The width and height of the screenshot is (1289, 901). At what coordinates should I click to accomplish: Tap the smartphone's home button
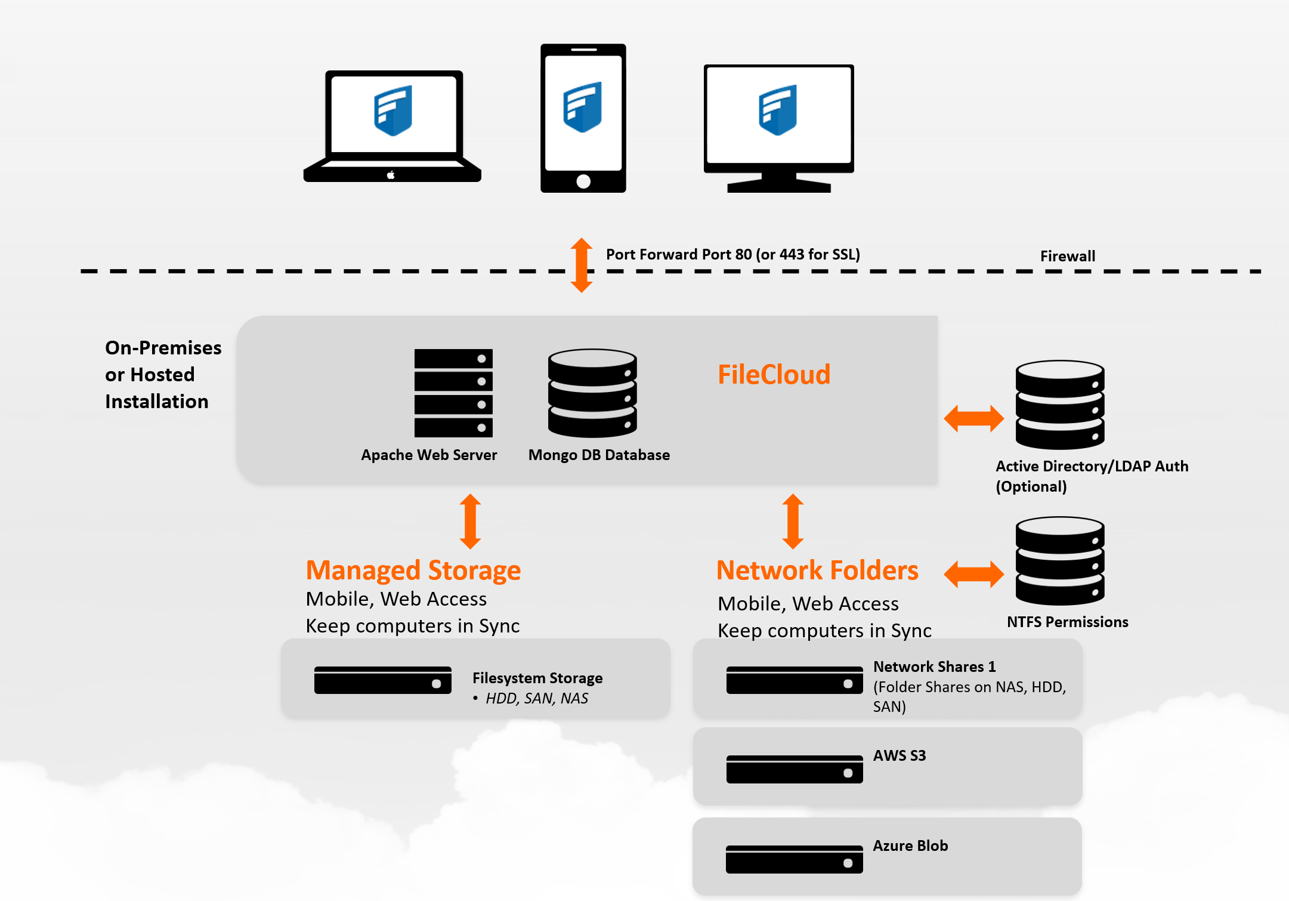click(x=583, y=181)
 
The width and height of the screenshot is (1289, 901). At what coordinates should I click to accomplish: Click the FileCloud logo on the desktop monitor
click(x=778, y=110)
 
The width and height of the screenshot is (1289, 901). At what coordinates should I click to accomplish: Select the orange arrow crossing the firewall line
click(x=582, y=265)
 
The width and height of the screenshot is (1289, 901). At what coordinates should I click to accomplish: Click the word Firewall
click(x=1067, y=256)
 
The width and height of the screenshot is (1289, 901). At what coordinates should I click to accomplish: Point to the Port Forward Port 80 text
click(x=732, y=255)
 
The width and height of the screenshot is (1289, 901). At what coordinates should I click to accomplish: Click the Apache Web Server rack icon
click(x=453, y=393)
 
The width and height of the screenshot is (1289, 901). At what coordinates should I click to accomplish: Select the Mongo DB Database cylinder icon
click(x=592, y=393)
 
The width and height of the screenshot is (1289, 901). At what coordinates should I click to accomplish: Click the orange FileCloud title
click(x=774, y=375)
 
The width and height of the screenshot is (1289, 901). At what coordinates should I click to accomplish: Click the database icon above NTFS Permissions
click(x=1060, y=561)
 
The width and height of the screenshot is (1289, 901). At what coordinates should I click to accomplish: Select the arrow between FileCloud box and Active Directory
click(x=973, y=418)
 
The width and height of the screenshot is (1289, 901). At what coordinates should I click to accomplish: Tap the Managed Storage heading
click(x=413, y=570)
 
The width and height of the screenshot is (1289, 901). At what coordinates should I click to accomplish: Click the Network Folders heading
click(x=817, y=570)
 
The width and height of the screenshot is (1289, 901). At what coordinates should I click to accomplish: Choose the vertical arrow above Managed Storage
click(x=470, y=521)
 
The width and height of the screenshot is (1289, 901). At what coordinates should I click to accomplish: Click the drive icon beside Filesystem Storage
click(x=382, y=680)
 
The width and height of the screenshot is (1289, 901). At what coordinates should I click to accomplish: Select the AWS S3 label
click(x=899, y=755)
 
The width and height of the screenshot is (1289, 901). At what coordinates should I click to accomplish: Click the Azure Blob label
click(x=910, y=846)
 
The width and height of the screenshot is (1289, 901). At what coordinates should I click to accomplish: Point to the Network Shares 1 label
click(x=934, y=667)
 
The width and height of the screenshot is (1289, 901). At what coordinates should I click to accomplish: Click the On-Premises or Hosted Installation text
click(x=162, y=375)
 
